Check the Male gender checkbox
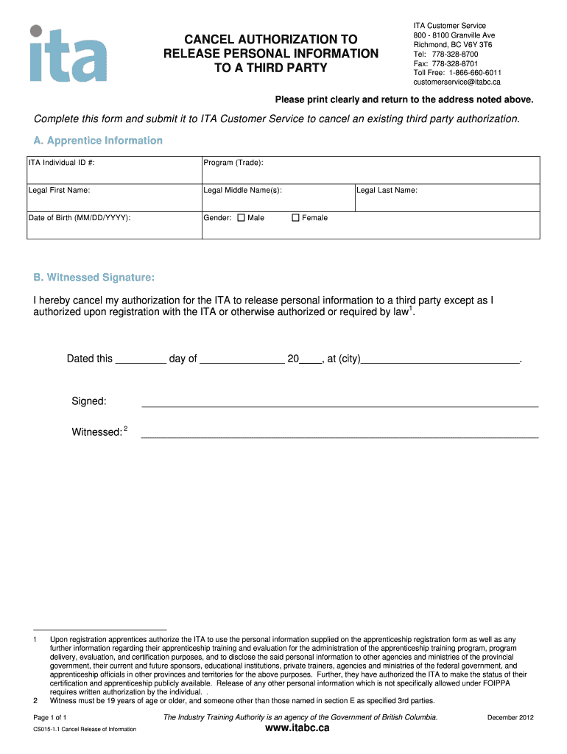[x=241, y=218]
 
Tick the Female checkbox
[x=296, y=218]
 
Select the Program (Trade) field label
[x=233, y=163]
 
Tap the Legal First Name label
[x=59, y=190]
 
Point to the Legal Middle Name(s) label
[x=242, y=190]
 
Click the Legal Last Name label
[x=387, y=190]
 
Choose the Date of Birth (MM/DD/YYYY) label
[x=80, y=218]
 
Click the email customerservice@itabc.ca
[x=457, y=82]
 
